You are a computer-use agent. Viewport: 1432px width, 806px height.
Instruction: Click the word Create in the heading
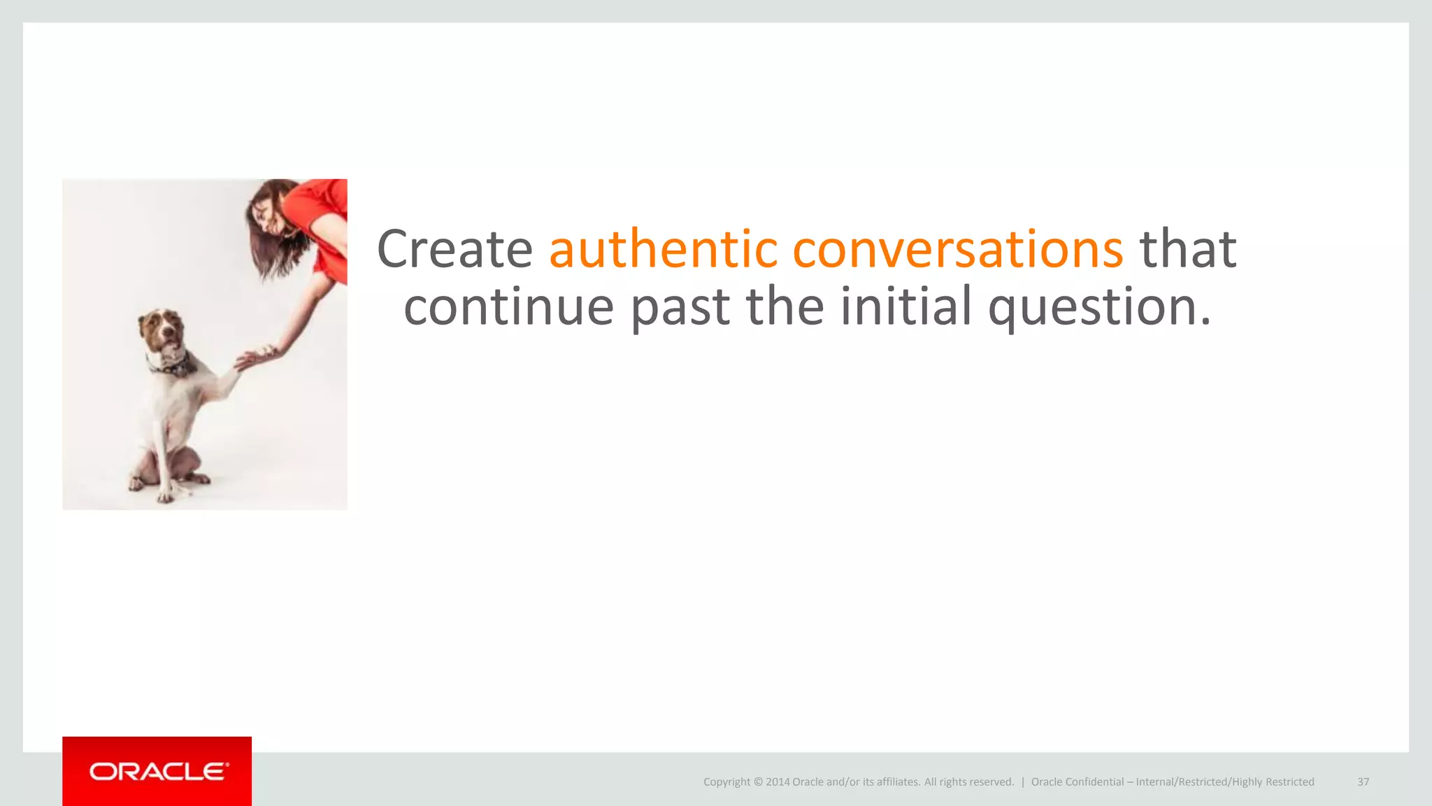[454, 249]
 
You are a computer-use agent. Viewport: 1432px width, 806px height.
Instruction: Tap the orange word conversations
[957, 249]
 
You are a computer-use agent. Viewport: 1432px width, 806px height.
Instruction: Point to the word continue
[508, 306]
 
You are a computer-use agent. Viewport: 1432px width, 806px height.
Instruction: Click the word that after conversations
[1188, 249]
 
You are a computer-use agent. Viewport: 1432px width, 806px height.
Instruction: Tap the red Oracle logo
[157, 771]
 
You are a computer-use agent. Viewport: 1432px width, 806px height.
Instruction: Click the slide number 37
[1363, 782]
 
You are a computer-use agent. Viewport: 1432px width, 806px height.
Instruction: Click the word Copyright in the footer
[726, 782]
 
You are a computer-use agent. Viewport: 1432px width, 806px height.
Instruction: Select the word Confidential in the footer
[1094, 782]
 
